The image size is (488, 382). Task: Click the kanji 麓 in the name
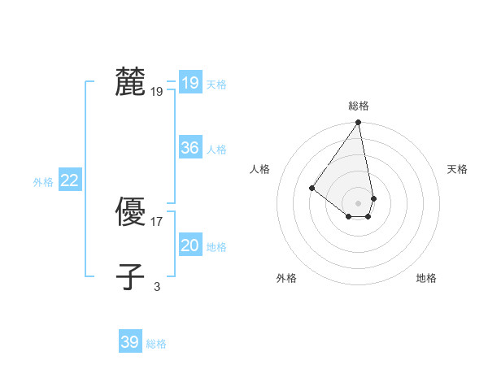click(130, 82)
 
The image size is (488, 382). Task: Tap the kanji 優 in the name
click(130, 212)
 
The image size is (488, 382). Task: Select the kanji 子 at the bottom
click(130, 276)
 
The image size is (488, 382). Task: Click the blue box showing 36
click(190, 148)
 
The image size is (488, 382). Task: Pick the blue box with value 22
click(69, 180)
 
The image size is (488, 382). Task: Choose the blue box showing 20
click(190, 245)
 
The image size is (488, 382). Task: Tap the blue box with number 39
click(129, 342)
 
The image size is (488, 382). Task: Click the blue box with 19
click(190, 83)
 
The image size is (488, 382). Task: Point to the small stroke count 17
click(157, 221)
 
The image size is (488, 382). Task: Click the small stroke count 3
click(157, 285)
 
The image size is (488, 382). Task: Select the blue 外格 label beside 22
click(43, 182)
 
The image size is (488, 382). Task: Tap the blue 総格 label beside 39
click(156, 344)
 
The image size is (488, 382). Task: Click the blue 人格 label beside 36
click(216, 150)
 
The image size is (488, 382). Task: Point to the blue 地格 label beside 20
click(216, 247)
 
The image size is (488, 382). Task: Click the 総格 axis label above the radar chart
click(359, 106)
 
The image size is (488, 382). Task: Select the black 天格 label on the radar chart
click(458, 169)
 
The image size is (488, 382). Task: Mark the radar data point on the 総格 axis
click(359, 123)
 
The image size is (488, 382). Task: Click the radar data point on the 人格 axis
click(312, 188)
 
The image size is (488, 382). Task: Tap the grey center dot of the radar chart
click(359, 202)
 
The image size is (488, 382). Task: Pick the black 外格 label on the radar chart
click(286, 278)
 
